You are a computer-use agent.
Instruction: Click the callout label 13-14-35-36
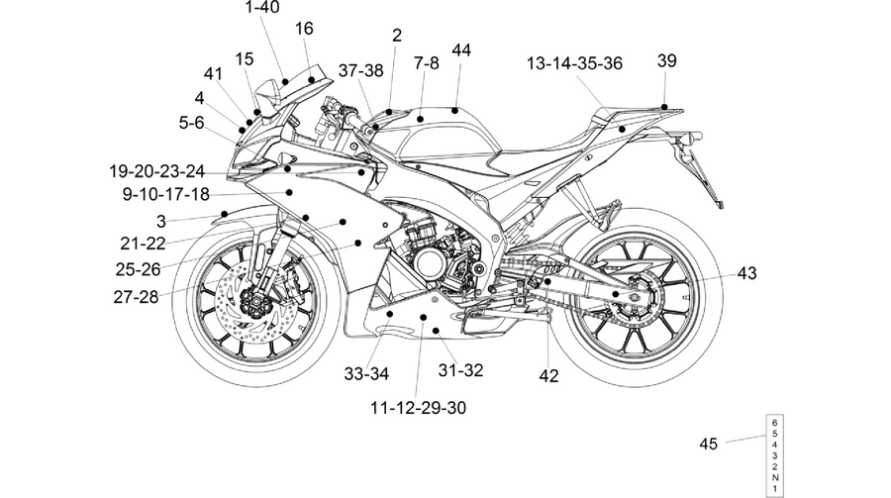[x=574, y=63]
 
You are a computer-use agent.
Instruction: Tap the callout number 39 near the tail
[x=667, y=60]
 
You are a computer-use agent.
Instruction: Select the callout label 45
[x=709, y=444]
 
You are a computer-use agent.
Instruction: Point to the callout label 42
[x=548, y=376]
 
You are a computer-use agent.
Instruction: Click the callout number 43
[x=747, y=273]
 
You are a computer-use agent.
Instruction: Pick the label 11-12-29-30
[x=418, y=408]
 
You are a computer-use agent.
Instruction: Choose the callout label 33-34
[x=366, y=374]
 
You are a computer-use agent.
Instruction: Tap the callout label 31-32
[x=460, y=370]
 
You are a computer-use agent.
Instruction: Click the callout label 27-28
[x=136, y=297]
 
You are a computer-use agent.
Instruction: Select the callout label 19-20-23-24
[x=156, y=171]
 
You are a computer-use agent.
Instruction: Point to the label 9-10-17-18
[x=166, y=194]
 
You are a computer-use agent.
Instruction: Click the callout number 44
[x=461, y=50]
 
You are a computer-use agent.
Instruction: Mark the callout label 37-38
[x=360, y=70]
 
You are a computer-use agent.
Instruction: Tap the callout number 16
[x=304, y=29]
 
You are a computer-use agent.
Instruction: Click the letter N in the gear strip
[x=775, y=477]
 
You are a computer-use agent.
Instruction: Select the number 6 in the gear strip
[x=775, y=423]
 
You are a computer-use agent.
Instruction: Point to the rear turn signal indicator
[x=693, y=137]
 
